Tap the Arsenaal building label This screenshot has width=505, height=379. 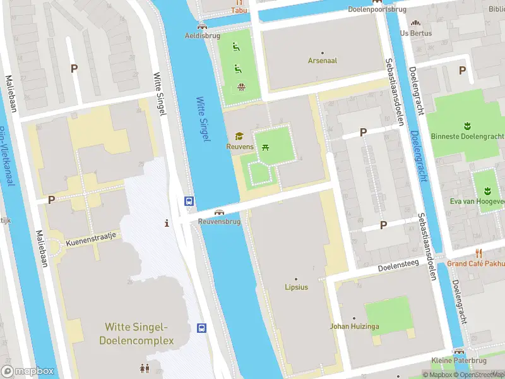(x=322, y=61)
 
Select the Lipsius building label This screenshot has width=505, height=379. (x=295, y=287)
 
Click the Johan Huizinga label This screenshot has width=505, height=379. (x=353, y=327)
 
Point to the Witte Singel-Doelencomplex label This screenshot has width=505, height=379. (x=136, y=334)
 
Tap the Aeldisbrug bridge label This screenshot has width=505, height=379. (x=202, y=36)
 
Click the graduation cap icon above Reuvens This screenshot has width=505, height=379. (x=239, y=136)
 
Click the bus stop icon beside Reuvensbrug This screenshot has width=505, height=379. (x=189, y=201)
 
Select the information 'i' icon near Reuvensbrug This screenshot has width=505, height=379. (x=167, y=223)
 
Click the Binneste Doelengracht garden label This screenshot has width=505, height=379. (x=467, y=136)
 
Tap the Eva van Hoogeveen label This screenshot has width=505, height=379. (x=478, y=201)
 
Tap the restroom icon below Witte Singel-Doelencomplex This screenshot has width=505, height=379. (x=145, y=368)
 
